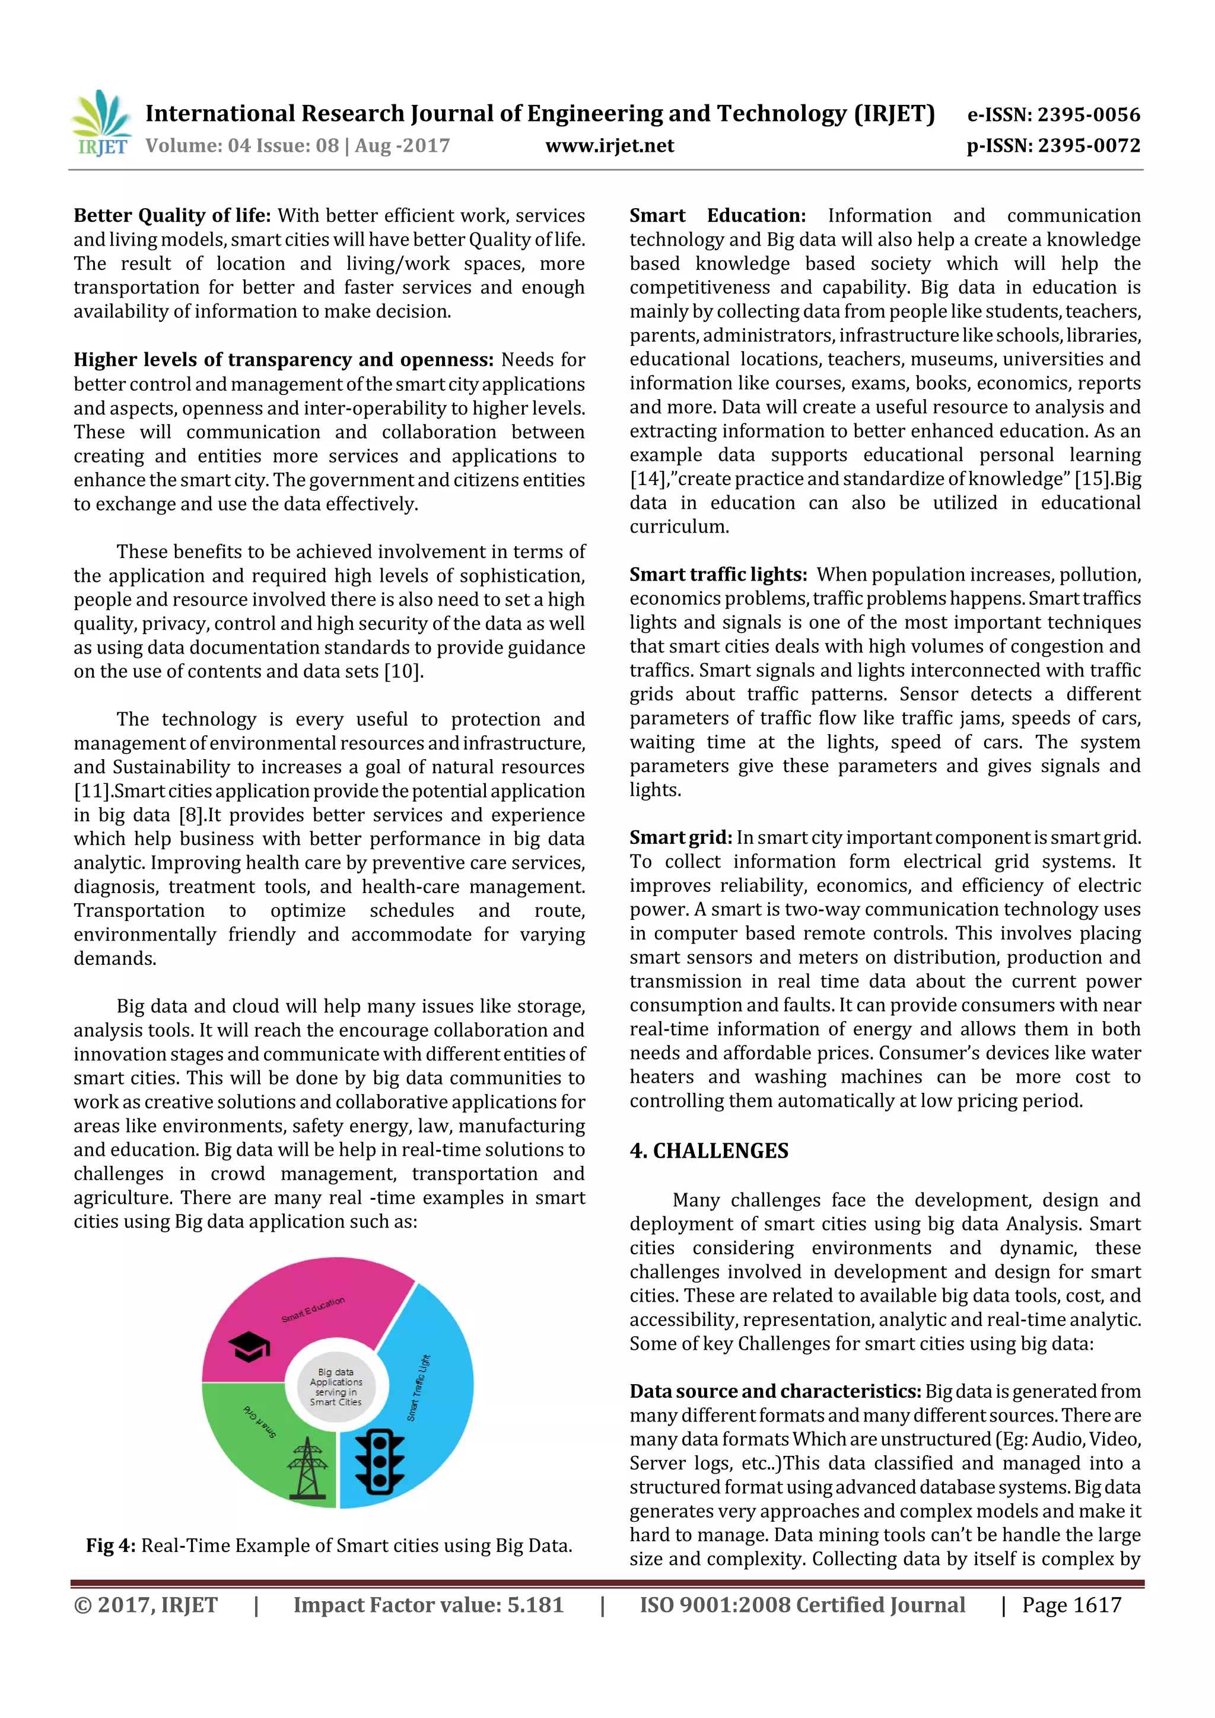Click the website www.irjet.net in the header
pyautogui.click(x=609, y=146)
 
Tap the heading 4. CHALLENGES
pyautogui.click(x=709, y=1151)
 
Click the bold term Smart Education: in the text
pyautogui.click(x=717, y=215)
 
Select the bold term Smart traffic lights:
pyautogui.click(x=718, y=575)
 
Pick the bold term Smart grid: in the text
pyautogui.click(x=680, y=838)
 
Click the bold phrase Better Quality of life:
pyautogui.click(x=172, y=215)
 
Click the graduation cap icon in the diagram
pyautogui.click(x=249, y=1347)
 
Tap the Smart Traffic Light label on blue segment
pyautogui.click(x=419, y=1388)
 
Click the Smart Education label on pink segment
pyautogui.click(x=313, y=1309)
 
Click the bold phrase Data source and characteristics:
pyautogui.click(x=775, y=1391)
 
